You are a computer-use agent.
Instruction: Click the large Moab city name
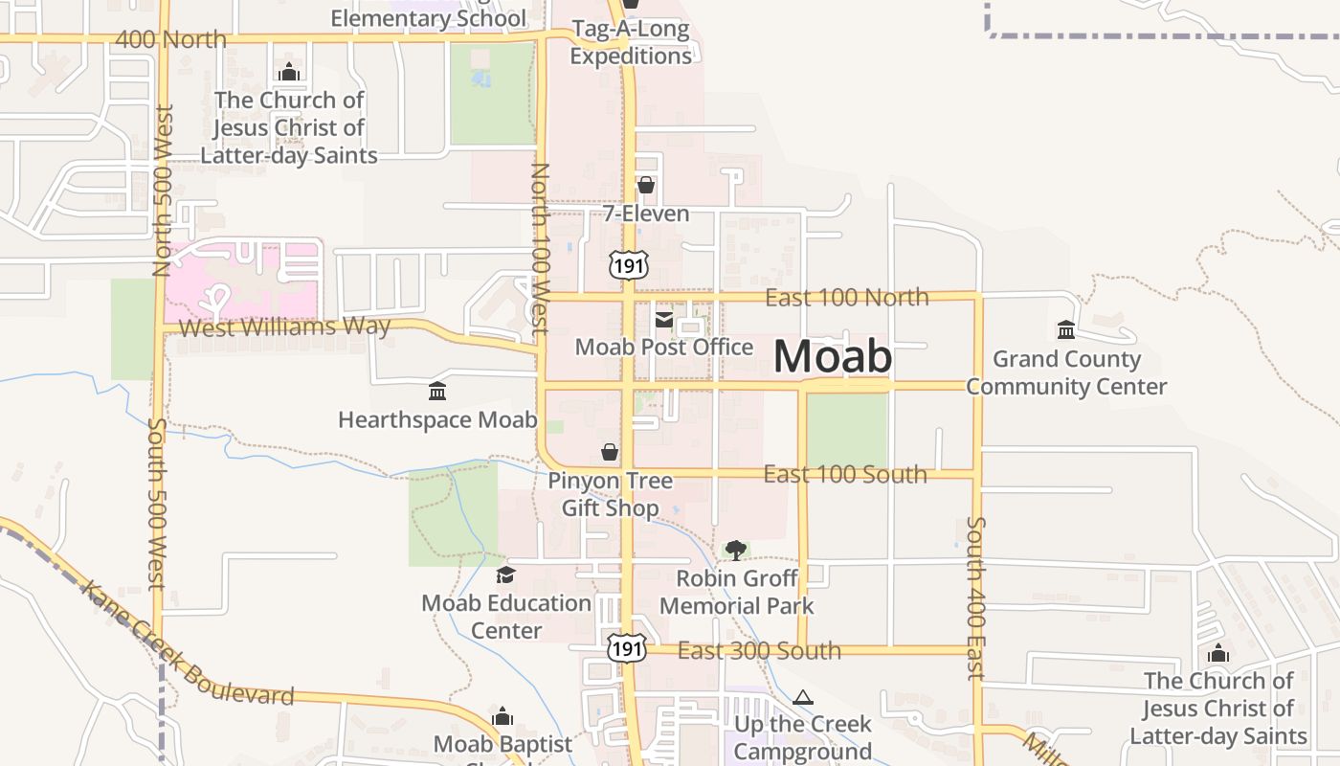[x=833, y=356]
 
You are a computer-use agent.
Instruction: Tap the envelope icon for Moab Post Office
[x=663, y=319]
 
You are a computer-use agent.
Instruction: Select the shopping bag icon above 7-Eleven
[x=646, y=185]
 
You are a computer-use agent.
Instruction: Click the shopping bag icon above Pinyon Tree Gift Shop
[x=610, y=452]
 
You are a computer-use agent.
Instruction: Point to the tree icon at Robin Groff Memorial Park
[x=735, y=550]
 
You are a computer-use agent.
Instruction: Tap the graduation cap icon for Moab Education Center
[x=505, y=574]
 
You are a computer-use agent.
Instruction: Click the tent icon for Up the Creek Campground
[x=803, y=697]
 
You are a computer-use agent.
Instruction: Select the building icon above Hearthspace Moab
[x=437, y=391]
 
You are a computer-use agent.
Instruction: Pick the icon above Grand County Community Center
[x=1065, y=330]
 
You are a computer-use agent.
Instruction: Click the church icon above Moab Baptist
[x=502, y=716]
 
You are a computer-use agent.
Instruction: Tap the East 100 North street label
[x=847, y=297]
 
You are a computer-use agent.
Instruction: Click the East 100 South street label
[x=845, y=474]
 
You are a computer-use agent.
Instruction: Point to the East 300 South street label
[x=759, y=651]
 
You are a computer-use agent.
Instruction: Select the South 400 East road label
[x=976, y=598]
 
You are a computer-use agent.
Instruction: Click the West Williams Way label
[x=285, y=327]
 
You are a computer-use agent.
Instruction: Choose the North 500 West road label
[x=162, y=191]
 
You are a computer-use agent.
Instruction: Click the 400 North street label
[x=170, y=39]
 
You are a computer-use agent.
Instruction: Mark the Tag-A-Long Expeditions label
[x=631, y=42]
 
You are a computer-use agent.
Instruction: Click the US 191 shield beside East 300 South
[x=626, y=648]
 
